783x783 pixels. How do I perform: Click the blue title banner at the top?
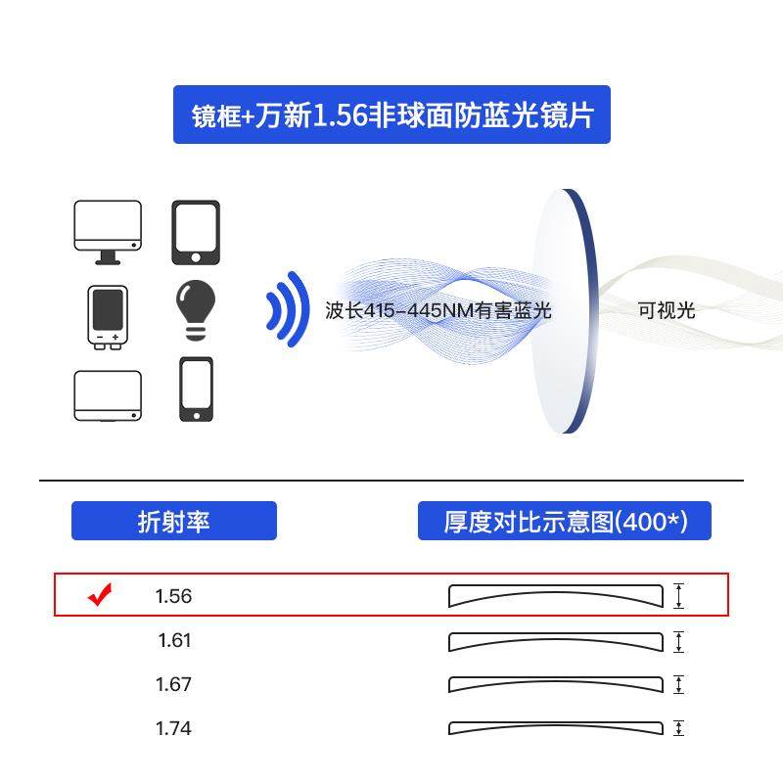click(391, 115)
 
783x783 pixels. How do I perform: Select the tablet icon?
click(196, 232)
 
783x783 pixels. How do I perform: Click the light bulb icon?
click(196, 310)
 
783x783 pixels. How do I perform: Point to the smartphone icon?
click(196, 389)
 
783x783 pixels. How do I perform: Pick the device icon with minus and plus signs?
click(108, 315)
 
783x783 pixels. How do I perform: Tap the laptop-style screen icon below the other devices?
click(108, 395)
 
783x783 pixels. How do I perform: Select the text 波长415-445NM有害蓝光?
click(438, 311)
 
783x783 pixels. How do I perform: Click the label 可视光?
click(666, 311)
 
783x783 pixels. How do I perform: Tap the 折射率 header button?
click(173, 521)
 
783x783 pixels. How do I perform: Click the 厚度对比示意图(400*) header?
click(565, 521)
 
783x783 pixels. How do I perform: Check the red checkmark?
click(100, 594)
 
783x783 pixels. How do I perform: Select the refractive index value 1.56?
click(174, 596)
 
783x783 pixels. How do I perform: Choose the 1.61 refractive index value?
click(174, 640)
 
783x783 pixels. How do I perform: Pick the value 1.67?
click(174, 684)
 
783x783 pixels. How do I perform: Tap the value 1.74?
click(174, 728)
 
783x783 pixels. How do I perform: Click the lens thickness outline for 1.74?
click(555, 728)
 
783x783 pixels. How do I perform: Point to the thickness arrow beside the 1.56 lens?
click(679, 596)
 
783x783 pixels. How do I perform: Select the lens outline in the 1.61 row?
click(555, 641)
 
